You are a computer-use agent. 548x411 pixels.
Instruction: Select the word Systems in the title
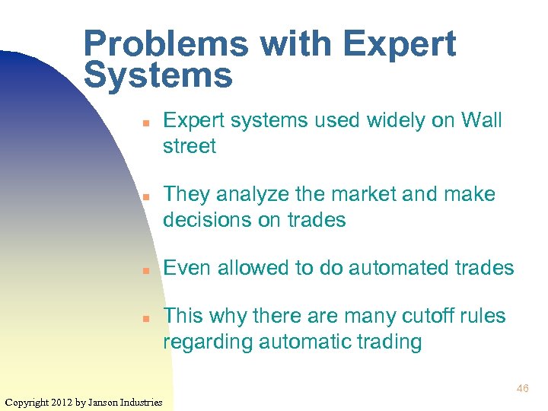pos(158,76)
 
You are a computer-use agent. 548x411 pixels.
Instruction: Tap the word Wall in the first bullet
pos(482,121)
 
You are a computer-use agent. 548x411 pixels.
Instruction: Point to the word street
pos(190,145)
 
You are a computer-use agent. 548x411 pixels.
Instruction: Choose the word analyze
pos(259,195)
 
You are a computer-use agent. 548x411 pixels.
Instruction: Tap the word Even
pos(187,268)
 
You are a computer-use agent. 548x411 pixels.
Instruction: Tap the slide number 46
pos(522,389)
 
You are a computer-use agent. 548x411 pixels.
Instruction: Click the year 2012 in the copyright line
pos(65,401)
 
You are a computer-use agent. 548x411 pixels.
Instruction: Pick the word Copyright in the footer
pos(27,401)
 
